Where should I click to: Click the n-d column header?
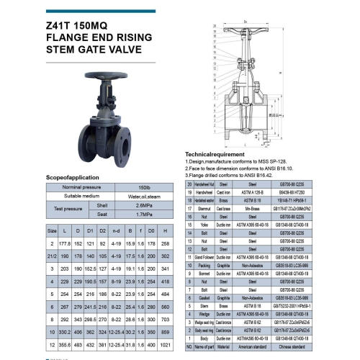click(115, 231)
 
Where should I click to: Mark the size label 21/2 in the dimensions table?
click(52, 256)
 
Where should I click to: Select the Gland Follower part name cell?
click(209, 256)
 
